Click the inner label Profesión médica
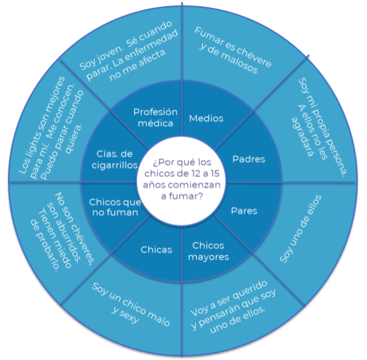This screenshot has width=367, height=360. click(155, 118)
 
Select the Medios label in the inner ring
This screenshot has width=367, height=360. click(206, 118)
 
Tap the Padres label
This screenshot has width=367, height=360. click(249, 159)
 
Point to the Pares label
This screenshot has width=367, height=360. click(244, 211)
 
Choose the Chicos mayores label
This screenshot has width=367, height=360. click(208, 251)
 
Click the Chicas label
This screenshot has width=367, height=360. click(156, 250)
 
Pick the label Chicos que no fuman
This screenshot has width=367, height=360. click(115, 207)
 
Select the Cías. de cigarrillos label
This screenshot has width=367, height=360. click(115, 160)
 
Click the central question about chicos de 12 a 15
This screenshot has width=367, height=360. click(182, 179)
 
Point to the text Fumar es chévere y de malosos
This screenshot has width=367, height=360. click(233, 50)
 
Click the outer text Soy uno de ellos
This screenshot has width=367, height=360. click(300, 228)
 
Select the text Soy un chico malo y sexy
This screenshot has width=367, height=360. click(130, 305)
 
